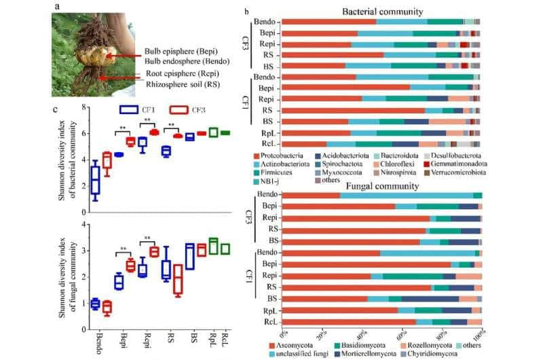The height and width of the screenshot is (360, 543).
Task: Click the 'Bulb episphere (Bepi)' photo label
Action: coord(181,52)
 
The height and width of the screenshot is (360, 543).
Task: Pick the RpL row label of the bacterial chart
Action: coord(267,132)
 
